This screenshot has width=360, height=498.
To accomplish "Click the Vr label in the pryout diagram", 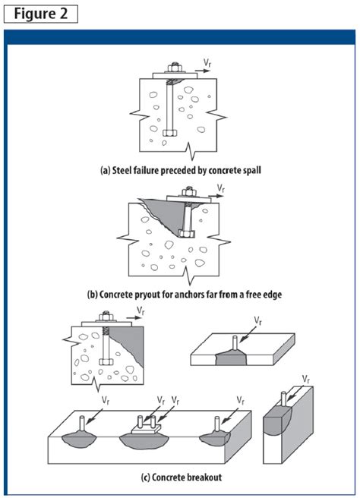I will [221, 188].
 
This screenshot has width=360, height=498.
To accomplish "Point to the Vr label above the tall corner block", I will [305, 378].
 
